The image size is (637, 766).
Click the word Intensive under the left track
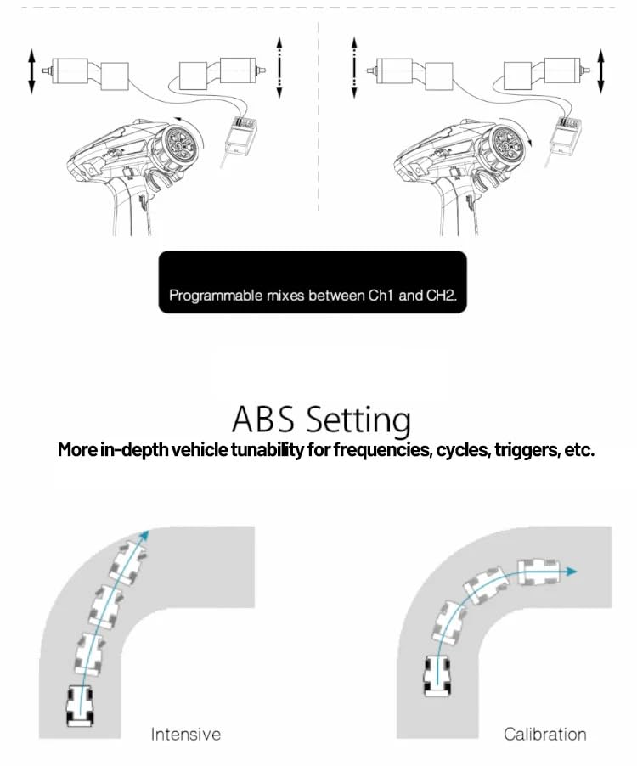point(186,735)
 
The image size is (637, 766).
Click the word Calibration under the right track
point(544,735)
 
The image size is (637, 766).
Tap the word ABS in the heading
point(263,420)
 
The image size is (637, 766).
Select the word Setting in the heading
point(358,421)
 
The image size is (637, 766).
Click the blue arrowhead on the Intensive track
point(144,534)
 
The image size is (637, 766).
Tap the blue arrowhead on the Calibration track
point(571,571)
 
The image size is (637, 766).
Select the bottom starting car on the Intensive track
point(80,706)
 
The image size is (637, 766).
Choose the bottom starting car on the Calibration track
point(437,676)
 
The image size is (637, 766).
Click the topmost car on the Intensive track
point(128,562)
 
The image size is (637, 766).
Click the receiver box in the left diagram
point(241,136)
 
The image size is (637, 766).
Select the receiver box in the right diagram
point(566,136)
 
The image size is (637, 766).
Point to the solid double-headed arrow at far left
point(31,70)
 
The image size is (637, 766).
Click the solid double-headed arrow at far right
point(600,70)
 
